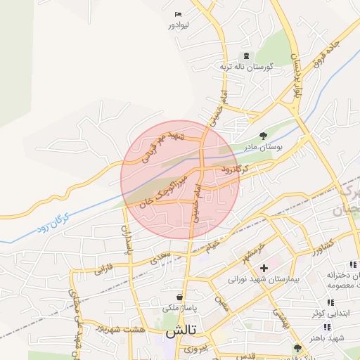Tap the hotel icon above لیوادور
pos(177,14)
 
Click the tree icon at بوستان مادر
pos(263,136)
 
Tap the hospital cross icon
pos(264,268)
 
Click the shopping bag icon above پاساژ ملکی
pos(181,297)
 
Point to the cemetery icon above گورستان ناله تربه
pos(246,56)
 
